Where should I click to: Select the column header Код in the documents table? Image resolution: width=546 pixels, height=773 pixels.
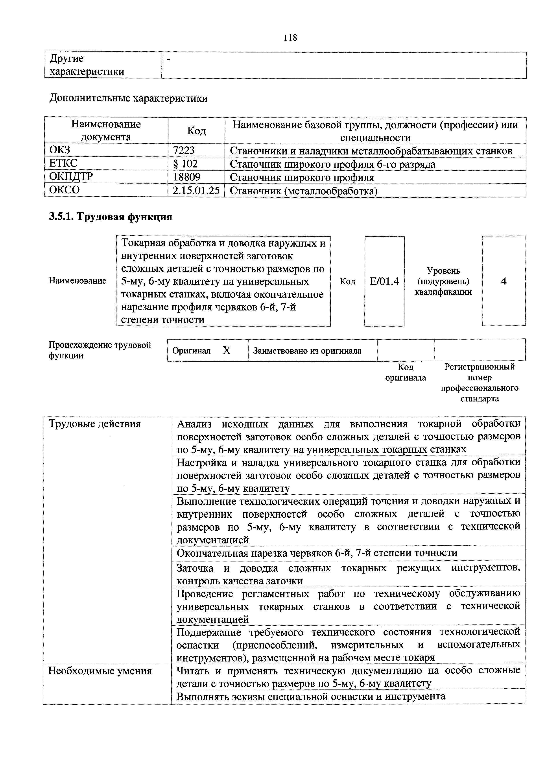pos(196,131)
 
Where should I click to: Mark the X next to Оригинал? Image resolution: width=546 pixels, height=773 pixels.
pos(227,351)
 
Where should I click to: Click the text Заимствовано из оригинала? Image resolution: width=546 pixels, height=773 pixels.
pos(307,351)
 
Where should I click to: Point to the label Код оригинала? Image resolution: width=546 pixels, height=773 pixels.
pos(405,372)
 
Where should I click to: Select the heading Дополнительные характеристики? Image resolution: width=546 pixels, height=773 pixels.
pos(128,98)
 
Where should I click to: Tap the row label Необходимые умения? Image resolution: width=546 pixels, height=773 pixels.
pos(100,671)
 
